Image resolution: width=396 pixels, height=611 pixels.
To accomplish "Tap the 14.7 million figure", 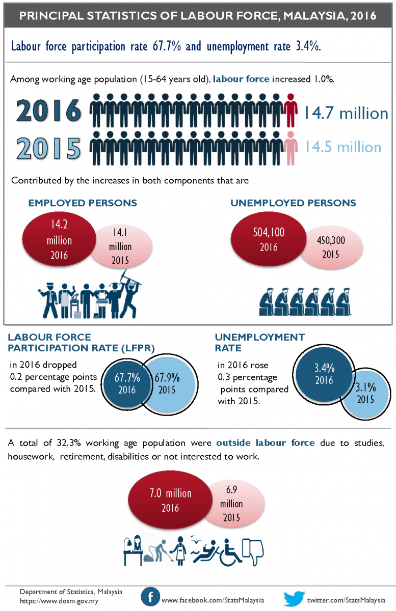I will [346, 113].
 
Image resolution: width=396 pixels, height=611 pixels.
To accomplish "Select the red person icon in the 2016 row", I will [291, 110].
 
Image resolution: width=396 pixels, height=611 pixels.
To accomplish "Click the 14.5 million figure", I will [342, 147].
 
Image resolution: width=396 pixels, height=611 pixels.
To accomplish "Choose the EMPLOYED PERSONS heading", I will [83, 203].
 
